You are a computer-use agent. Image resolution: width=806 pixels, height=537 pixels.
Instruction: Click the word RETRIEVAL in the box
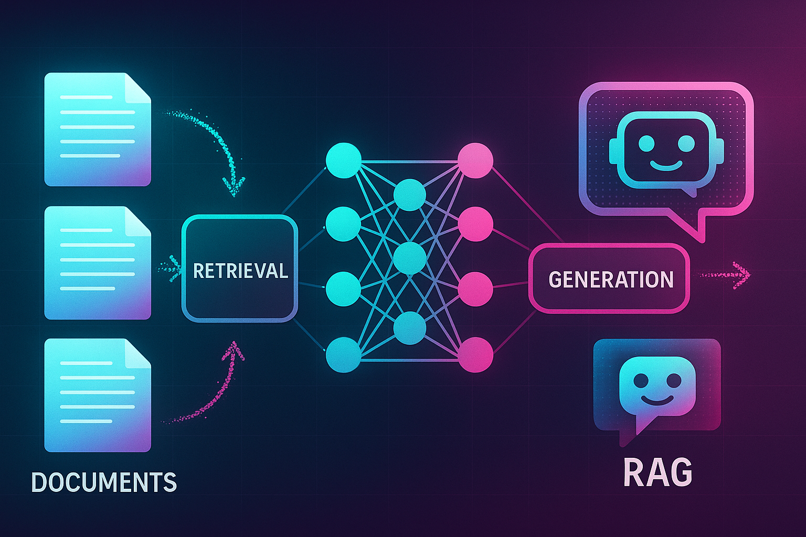(x=240, y=271)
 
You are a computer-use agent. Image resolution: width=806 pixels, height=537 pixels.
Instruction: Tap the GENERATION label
(x=611, y=280)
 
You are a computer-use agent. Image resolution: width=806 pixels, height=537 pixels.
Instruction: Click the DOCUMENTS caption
(x=104, y=482)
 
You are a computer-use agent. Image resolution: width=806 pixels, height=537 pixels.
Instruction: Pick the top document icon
(x=98, y=129)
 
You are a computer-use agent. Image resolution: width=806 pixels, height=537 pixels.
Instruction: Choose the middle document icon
(x=98, y=262)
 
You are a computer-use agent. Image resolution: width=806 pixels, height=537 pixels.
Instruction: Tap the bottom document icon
(x=98, y=395)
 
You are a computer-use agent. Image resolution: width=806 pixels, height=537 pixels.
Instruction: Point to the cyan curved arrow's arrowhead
(x=234, y=185)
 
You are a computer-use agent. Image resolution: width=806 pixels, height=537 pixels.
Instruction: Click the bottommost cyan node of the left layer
(x=344, y=355)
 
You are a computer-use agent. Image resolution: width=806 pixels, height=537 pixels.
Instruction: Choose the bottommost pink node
(x=475, y=355)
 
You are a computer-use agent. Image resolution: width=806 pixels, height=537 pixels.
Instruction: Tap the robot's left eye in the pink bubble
(x=646, y=143)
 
